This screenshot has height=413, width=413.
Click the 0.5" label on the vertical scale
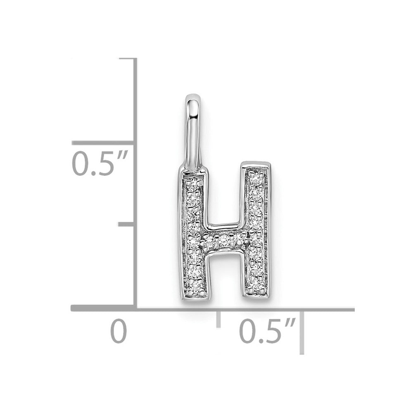100,164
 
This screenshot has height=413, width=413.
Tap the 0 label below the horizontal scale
119,331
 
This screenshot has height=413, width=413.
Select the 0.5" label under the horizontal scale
267,331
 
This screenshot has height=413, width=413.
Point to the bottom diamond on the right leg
255,285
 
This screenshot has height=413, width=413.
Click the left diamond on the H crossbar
209,240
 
